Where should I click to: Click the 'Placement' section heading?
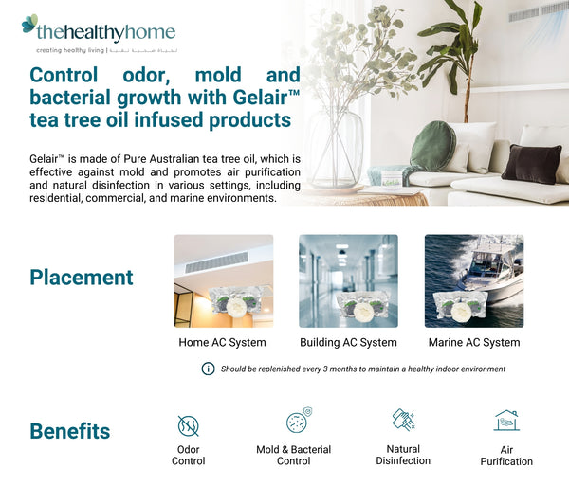point(82,278)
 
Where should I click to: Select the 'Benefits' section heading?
point(70,431)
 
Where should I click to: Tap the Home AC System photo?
point(224,281)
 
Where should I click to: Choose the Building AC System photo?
point(348,281)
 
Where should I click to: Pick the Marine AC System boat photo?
point(473,281)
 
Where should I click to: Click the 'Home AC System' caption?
point(223,342)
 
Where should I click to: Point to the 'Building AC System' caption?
point(348,342)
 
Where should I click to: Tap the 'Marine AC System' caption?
point(474,342)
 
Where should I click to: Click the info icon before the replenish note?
point(208,369)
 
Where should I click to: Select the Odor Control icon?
point(188,424)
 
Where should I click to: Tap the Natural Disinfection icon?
point(403,420)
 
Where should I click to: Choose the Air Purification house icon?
point(506,421)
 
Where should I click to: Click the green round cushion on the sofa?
point(432,146)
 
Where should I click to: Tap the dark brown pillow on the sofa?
point(531,163)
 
